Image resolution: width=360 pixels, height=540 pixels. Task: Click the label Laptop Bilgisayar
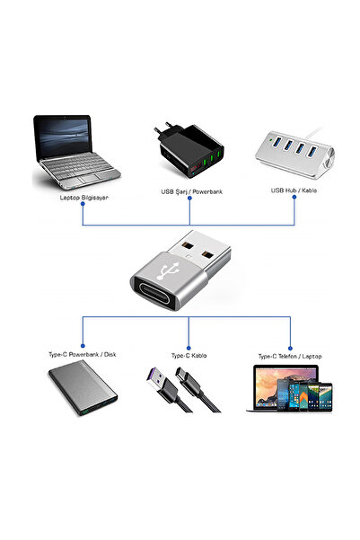(x=83, y=198)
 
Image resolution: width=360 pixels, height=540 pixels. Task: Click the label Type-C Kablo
(x=189, y=355)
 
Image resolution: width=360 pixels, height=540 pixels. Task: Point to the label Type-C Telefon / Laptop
(x=288, y=355)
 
